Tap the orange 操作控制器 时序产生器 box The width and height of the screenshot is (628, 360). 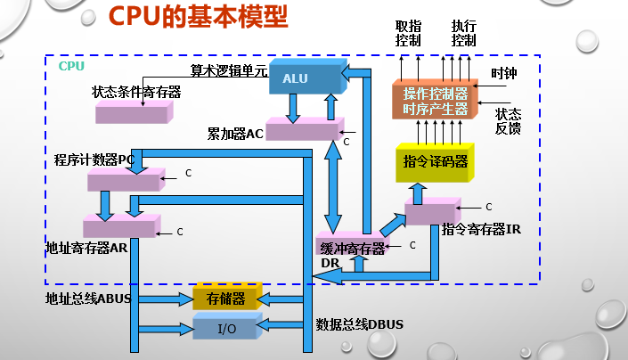(x=434, y=101)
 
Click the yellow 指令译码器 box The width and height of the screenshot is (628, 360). (x=435, y=162)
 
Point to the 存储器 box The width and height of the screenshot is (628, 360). (x=225, y=298)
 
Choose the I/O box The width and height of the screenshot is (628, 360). (x=225, y=328)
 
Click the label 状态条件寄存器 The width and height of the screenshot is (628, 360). (x=135, y=92)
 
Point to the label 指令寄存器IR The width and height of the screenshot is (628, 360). (x=481, y=229)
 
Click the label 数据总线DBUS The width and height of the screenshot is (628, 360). (x=360, y=323)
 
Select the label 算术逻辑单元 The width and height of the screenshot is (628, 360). (x=229, y=70)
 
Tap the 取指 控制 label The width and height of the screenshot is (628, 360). (x=407, y=33)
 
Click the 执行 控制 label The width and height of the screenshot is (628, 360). (x=463, y=33)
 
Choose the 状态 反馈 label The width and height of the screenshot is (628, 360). (x=508, y=121)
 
